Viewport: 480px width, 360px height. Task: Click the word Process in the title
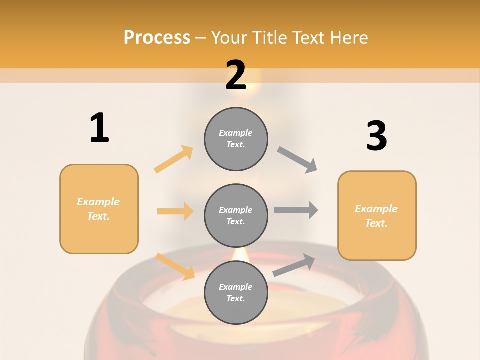tap(157, 38)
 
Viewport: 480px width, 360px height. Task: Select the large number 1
tap(99, 128)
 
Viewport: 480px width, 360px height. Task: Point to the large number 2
tap(236, 75)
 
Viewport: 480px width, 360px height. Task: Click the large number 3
tap(376, 137)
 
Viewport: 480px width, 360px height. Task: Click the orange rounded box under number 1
tap(99, 209)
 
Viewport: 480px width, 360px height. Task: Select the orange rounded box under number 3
tap(377, 215)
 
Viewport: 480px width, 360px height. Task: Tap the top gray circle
tap(236, 139)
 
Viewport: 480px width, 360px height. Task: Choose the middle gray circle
tap(236, 215)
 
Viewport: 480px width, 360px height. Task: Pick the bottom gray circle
tap(236, 292)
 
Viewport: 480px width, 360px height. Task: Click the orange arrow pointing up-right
tap(174, 159)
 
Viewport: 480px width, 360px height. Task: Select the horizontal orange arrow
tap(175, 211)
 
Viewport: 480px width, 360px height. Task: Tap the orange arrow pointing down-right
tap(175, 266)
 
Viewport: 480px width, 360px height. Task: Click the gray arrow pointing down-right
tap(297, 160)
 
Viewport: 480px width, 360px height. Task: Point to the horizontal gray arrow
tap(296, 210)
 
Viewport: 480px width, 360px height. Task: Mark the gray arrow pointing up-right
tap(294, 265)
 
